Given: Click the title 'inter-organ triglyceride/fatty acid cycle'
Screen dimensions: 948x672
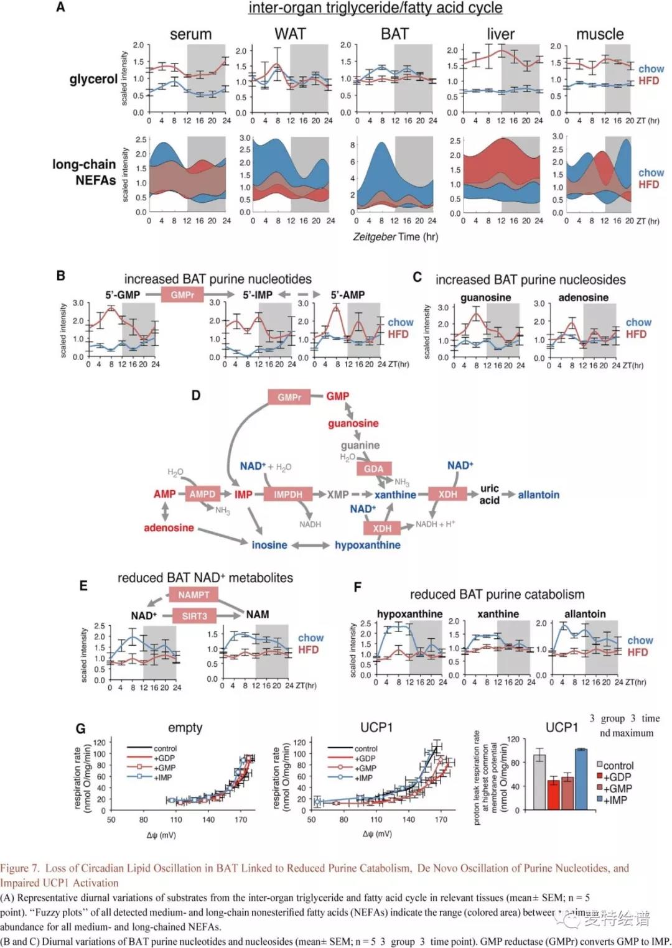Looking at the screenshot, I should point(375,8).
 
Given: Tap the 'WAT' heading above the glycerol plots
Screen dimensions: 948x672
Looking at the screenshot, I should point(290,34).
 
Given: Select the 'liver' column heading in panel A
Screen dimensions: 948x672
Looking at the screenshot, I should point(500,34).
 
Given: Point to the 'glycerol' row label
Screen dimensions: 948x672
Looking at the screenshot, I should point(93,79).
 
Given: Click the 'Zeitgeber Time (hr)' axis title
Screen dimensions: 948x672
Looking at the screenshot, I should point(395,237).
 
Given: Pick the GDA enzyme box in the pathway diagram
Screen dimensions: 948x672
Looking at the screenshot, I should point(373,468).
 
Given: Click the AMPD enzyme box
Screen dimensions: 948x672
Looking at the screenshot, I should point(202,494).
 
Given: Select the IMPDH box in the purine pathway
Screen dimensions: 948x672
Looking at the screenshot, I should point(288,495).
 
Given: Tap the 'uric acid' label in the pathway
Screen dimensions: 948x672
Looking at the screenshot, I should point(489,494).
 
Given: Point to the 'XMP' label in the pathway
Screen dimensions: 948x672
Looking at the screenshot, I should point(338,495).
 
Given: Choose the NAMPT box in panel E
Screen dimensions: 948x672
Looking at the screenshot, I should point(194,595).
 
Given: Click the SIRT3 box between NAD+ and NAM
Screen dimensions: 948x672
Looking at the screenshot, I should point(194,616).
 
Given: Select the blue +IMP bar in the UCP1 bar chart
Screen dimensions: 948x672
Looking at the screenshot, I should point(581,779).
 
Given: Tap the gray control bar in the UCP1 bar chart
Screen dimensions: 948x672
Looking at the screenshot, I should point(539,781).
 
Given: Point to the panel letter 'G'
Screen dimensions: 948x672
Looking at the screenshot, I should point(80,728).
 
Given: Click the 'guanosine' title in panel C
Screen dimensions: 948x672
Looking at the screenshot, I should point(485,297).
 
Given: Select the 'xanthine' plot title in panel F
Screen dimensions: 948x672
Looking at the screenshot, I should point(498,614).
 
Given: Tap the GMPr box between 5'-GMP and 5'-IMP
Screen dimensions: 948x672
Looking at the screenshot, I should point(182,295).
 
